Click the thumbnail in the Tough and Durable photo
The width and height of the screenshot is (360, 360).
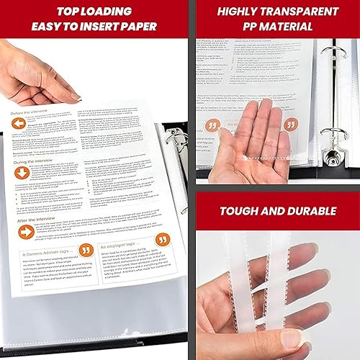coord(293,338)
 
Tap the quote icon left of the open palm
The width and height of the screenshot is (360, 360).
coord(213,125)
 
